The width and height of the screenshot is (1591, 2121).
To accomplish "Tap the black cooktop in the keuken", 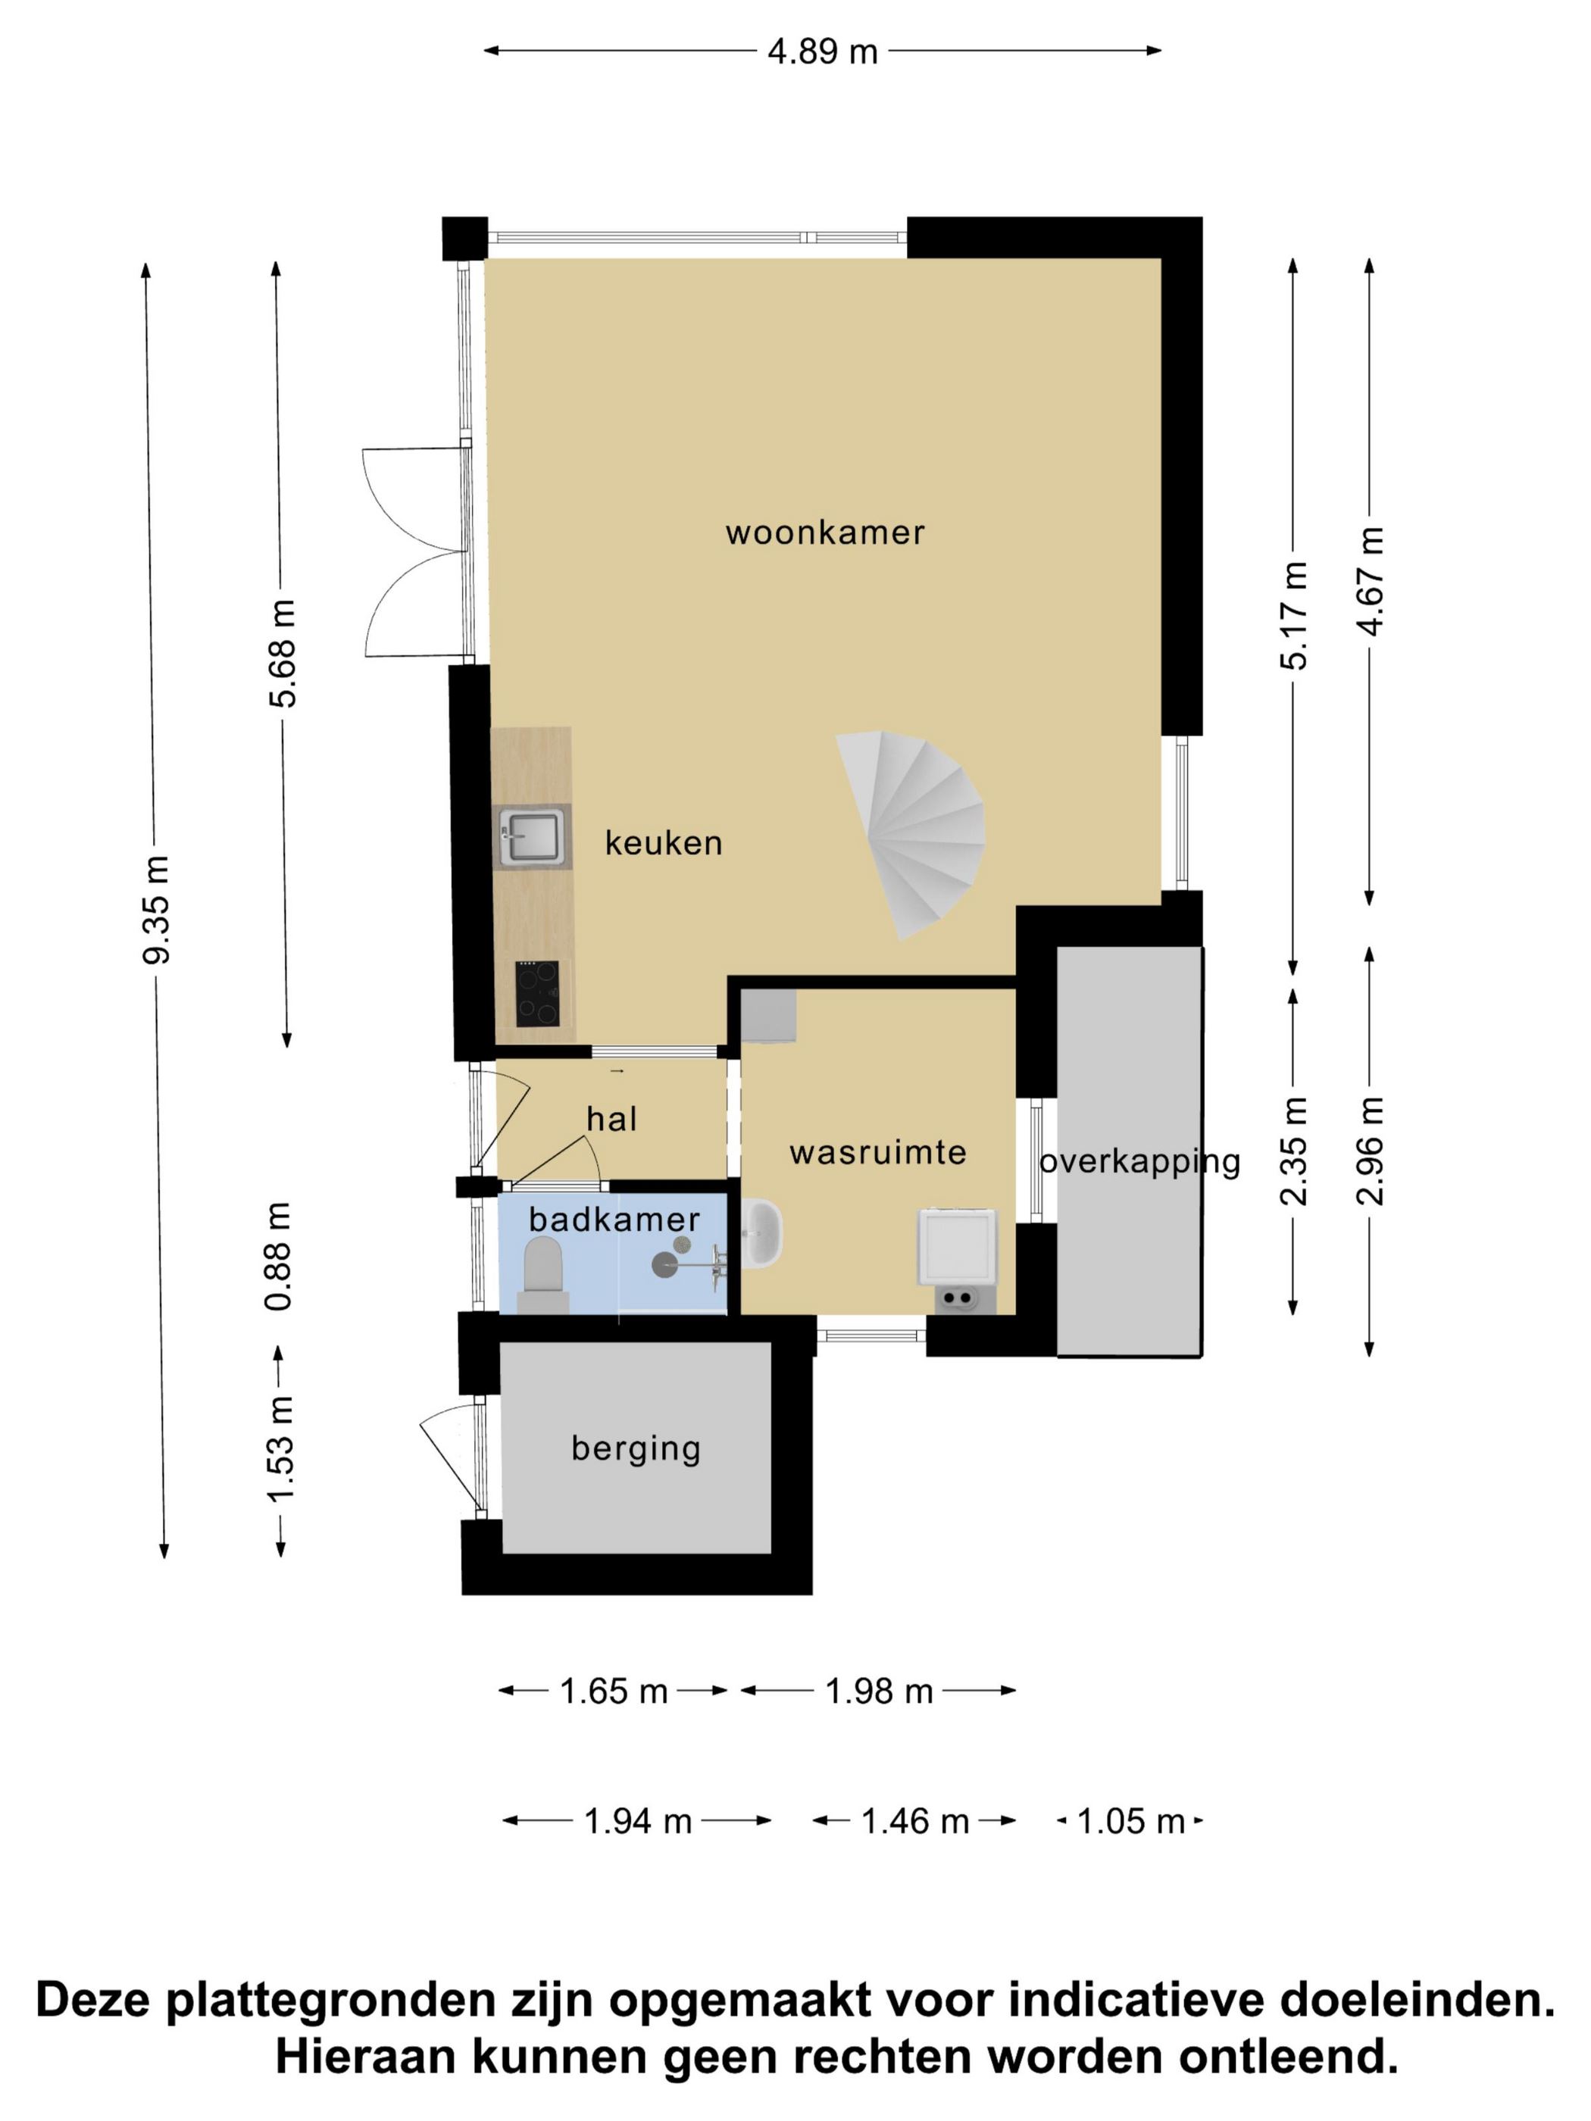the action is [x=538, y=992].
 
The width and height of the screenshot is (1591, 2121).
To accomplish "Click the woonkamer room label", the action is [x=825, y=533].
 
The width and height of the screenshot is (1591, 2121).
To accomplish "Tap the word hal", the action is [x=612, y=1118].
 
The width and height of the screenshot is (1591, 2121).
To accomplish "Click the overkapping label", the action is [x=1140, y=1162].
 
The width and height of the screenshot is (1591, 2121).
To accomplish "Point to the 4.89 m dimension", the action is [x=823, y=52].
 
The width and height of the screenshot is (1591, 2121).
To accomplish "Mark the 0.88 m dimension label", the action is [x=279, y=1256].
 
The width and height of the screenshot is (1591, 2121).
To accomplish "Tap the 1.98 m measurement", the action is [x=880, y=1691].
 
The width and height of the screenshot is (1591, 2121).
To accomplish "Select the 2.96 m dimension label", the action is [x=1371, y=1151].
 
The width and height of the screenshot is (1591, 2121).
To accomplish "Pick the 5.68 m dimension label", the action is [x=282, y=653].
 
